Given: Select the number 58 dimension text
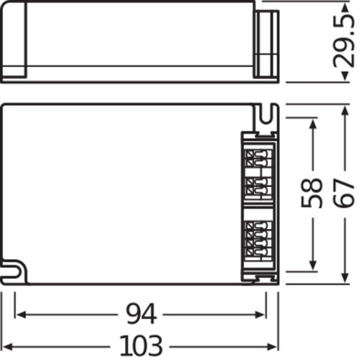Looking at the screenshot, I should coord(313,193).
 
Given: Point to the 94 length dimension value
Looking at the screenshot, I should coord(141,314).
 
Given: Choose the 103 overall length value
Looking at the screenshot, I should coord(141,346).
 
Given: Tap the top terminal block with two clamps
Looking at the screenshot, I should coord(256,160).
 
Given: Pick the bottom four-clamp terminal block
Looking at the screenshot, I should coord(256,238).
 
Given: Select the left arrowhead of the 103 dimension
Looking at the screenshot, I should coord(7,346).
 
